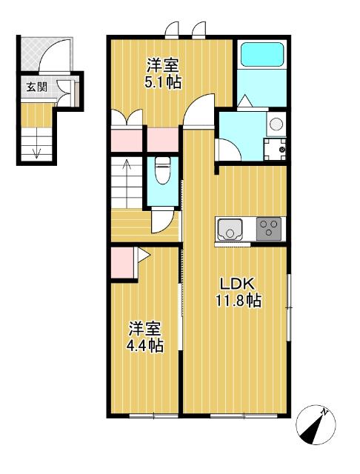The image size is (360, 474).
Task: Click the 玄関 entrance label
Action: tap(36, 87)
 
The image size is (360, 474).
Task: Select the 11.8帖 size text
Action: tap(239, 301)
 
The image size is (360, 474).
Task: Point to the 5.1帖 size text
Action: tap(163, 81)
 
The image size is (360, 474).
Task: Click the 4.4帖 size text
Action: tap(145, 346)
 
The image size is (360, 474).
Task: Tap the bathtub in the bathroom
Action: tap(262, 54)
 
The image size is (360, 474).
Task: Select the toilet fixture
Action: tap(163, 170)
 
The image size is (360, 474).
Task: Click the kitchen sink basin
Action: tap(230, 230)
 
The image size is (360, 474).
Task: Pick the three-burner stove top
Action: tap(269, 229)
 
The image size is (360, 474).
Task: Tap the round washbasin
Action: tap(276, 124)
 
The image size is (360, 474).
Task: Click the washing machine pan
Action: tap(275, 149)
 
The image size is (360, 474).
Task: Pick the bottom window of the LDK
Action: tap(244, 416)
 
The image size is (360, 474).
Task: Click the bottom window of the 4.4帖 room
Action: tap(153, 416)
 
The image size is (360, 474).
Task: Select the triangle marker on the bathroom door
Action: tap(244, 101)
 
